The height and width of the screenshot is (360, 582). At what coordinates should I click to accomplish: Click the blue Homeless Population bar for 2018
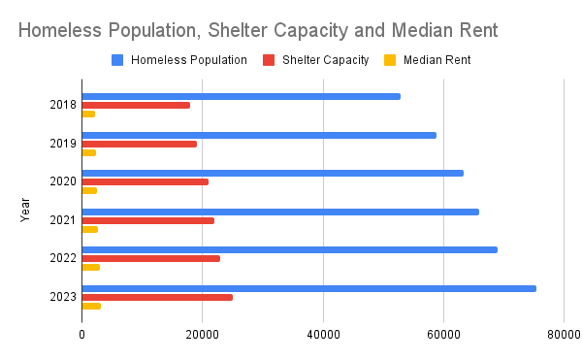[242, 96]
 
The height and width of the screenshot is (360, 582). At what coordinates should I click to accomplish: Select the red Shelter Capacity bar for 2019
[140, 144]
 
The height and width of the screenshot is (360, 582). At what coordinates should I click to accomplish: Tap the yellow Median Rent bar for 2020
[89, 191]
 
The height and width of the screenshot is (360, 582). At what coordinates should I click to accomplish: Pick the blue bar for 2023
[309, 289]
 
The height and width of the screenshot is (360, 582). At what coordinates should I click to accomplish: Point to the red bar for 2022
[151, 259]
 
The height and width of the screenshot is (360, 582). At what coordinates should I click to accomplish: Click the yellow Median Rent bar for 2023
[91, 307]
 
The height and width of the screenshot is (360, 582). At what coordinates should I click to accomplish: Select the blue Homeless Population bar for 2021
[280, 212]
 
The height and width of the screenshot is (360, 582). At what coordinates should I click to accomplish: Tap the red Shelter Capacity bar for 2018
[136, 106]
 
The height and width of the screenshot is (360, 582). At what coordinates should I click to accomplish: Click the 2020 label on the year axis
[63, 181]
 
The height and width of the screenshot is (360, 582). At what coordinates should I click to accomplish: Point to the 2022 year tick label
[63, 258]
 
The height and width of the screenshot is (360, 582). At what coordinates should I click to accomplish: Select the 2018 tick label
[63, 105]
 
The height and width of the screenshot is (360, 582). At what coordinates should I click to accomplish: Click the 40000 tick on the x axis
[323, 335]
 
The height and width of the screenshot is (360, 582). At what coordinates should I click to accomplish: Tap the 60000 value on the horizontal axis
[443, 335]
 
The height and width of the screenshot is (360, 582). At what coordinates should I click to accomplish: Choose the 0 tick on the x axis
[81, 335]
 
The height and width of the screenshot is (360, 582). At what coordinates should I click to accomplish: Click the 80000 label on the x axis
[564, 335]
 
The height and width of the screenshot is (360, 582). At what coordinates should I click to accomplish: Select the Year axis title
[25, 210]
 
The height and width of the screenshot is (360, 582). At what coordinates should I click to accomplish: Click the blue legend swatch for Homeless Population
[117, 60]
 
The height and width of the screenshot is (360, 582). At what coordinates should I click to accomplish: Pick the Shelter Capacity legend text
[326, 60]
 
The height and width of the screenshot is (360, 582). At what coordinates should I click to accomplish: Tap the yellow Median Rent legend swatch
[390, 60]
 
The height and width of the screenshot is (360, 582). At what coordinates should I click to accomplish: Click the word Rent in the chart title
[479, 30]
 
